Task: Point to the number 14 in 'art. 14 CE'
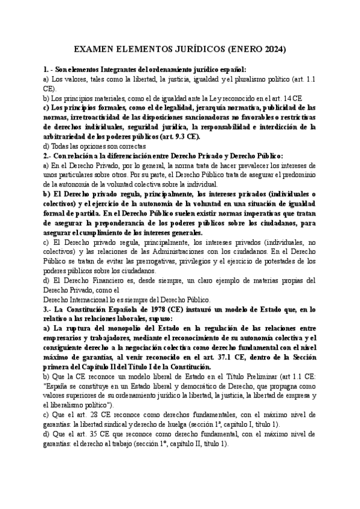click(287, 97)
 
